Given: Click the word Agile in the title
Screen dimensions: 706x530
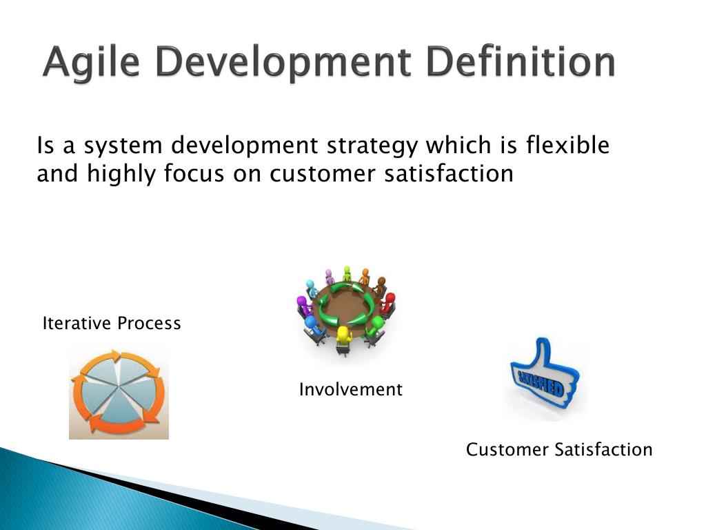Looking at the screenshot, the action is click(92, 62).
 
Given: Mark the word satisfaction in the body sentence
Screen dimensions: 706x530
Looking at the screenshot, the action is click(449, 173).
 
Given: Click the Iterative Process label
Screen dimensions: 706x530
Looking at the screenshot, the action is click(112, 323).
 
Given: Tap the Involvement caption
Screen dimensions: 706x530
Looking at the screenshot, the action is click(351, 389).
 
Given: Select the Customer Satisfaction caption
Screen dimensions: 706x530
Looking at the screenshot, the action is click(559, 449).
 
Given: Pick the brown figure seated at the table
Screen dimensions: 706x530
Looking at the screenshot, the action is click(381, 286).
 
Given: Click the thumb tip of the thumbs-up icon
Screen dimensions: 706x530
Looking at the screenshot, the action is click(542, 341).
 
